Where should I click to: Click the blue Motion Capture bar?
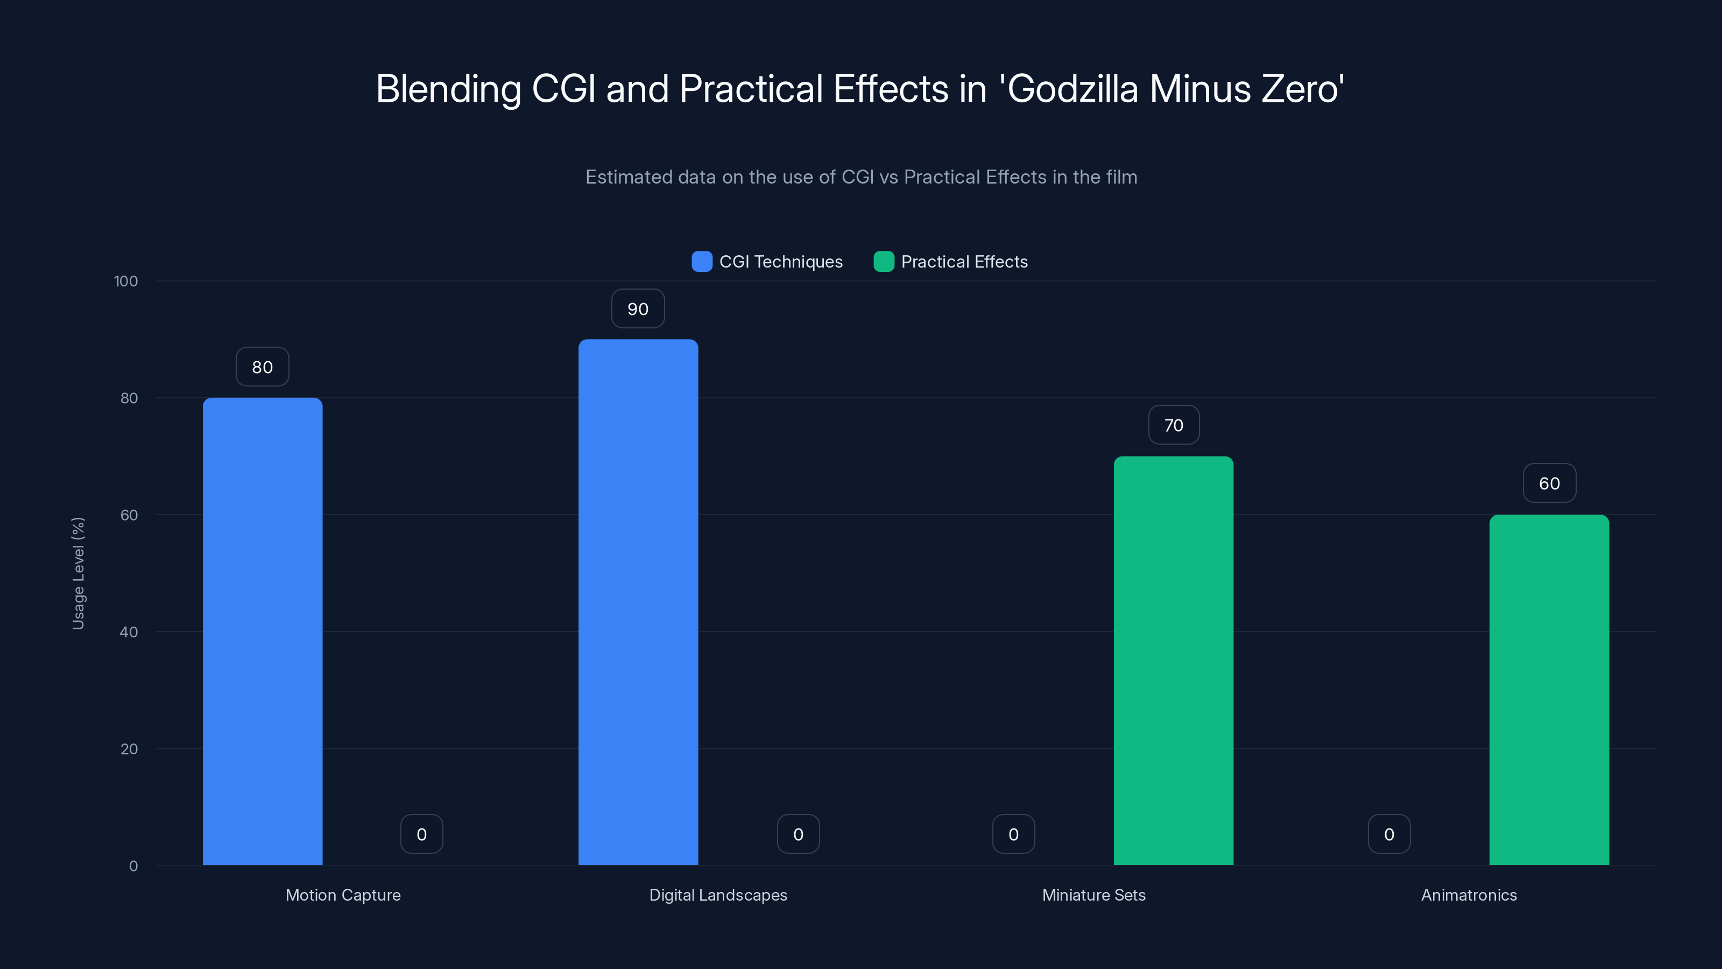(262, 631)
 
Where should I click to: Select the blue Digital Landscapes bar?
(638, 602)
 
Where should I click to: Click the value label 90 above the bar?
(638, 309)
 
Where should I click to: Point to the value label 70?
(1173, 425)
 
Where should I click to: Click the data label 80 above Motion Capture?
(262, 367)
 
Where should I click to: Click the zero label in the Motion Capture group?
(421, 834)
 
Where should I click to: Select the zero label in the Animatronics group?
(1388, 834)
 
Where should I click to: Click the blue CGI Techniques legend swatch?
(702, 262)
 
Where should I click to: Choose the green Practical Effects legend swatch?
(884, 262)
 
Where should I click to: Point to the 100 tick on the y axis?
(126, 281)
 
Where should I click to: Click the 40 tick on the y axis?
(129, 632)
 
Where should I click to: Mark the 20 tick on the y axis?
(129, 749)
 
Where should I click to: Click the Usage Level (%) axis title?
(78, 573)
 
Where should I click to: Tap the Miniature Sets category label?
(1093, 895)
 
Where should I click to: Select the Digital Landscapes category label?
(718, 895)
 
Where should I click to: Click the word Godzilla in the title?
(1073, 89)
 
